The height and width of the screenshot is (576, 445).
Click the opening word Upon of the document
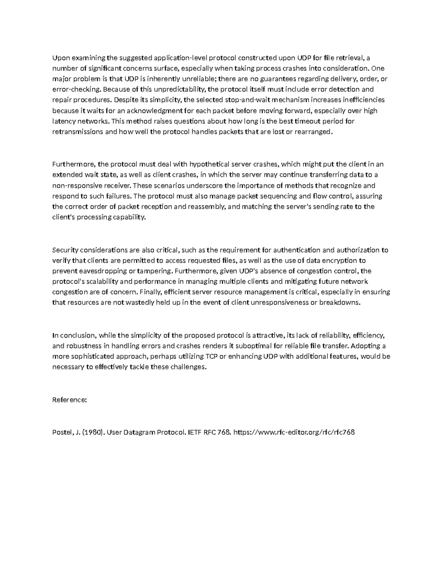60,58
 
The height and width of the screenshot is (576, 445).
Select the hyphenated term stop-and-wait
248,100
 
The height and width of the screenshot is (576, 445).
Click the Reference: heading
69,400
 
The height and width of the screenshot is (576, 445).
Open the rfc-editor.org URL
295,432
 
